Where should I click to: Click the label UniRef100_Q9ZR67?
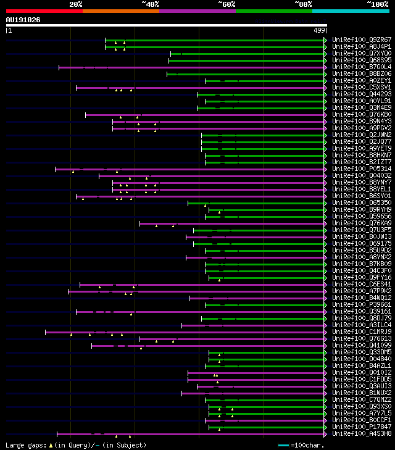[353, 40]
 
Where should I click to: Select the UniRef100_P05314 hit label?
[353, 169]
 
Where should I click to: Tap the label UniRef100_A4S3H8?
[353, 433]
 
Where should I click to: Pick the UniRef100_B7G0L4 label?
[353, 67]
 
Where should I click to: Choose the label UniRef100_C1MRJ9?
[353, 331]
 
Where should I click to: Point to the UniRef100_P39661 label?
[353, 305]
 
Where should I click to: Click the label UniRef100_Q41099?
[353, 345]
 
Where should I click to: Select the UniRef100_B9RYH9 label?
[353, 209]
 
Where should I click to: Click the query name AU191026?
[23, 20]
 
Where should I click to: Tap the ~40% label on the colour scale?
[150, 4]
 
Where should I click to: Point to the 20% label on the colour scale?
[76, 4]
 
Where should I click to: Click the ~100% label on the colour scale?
[378, 4]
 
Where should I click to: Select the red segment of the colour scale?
[44, 11]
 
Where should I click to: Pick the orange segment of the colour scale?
[120, 11]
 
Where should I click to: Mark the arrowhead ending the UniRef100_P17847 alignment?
[325, 427]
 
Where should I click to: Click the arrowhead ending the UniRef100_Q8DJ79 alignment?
[325, 319]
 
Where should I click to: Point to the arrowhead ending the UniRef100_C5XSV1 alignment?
[325, 88]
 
